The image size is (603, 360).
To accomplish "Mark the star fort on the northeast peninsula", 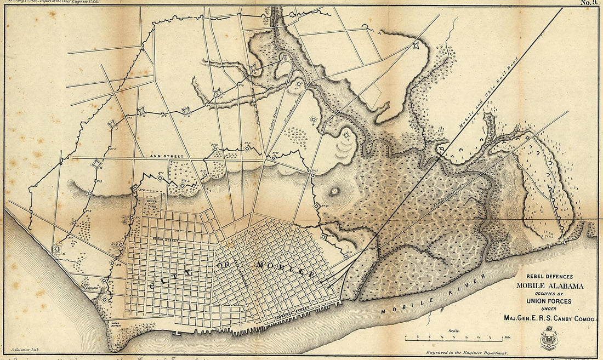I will [x=418, y=46].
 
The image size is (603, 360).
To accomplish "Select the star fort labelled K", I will [x=97, y=163].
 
